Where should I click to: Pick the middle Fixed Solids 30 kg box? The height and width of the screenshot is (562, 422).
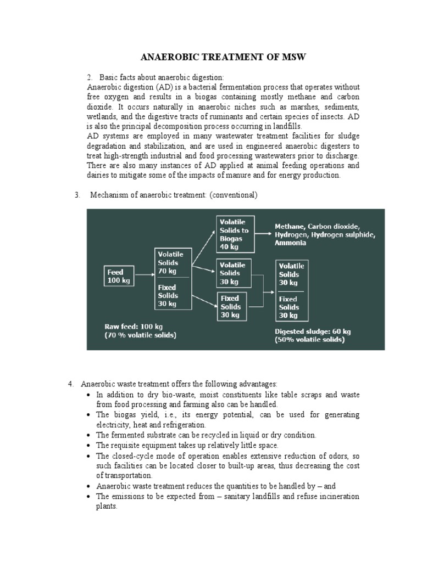click(231, 306)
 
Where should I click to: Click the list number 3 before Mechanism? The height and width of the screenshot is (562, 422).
click(77, 195)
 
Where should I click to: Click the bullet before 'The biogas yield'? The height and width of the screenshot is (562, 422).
click(90, 415)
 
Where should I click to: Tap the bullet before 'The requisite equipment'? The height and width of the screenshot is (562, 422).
click(90, 445)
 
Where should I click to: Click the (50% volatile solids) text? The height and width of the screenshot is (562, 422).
click(310, 340)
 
